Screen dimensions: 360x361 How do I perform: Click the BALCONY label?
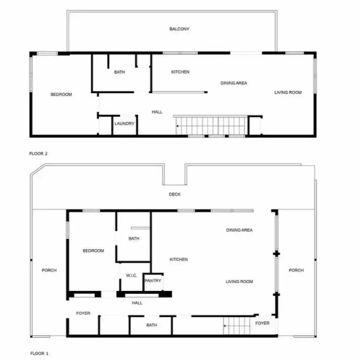click(179, 29)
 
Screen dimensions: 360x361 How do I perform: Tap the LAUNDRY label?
click(124, 123)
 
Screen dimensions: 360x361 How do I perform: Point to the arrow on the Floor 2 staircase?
click(178, 126)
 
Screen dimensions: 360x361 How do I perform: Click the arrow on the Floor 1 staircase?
click(225, 326)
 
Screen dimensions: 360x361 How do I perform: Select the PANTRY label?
click(153, 281)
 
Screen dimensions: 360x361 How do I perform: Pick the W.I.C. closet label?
click(132, 275)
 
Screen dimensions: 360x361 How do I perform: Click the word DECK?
click(175, 194)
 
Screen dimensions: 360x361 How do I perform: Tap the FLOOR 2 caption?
click(38, 154)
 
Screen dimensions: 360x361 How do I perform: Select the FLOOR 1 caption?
click(39, 353)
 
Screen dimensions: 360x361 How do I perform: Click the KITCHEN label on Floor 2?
click(180, 71)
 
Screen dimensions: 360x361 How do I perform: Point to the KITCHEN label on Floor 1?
click(179, 259)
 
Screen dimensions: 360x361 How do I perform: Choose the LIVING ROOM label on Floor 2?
click(288, 92)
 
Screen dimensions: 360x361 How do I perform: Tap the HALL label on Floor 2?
click(157, 112)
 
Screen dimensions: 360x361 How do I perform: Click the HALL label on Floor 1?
click(137, 303)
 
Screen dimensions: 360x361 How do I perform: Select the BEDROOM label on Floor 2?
click(61, 95)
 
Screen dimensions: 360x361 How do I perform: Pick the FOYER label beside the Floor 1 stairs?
click(262, 323)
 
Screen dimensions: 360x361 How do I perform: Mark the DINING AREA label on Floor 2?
click(233, 83)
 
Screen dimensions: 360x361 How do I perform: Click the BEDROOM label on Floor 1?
click(93, 251)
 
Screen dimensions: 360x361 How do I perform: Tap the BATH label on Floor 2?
click(119, 71)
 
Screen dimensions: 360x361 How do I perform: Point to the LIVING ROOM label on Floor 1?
click(239, 282)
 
